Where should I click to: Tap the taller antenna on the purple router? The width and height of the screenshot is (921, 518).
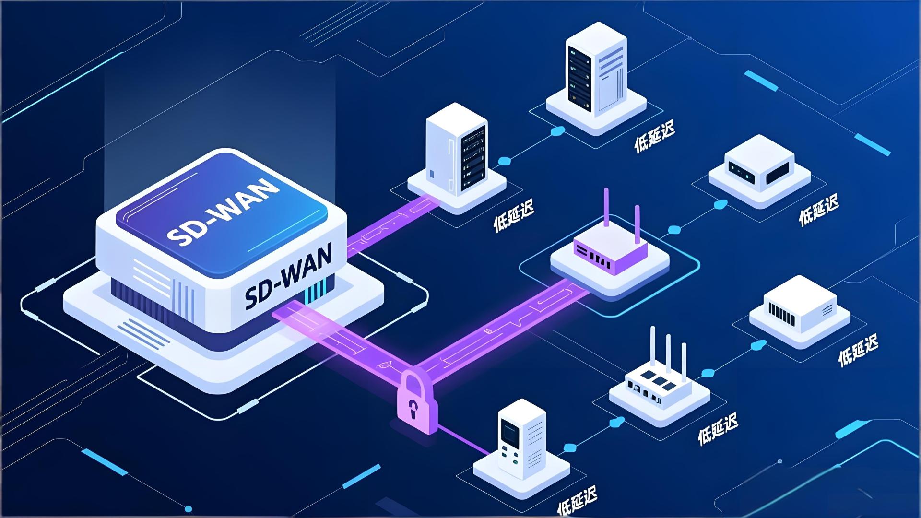click(606, 209)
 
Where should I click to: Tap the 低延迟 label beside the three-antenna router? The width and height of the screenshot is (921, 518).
click(717, 428)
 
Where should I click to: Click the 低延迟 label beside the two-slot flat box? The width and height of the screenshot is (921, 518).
click(818, 210)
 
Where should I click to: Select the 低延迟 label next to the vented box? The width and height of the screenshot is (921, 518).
click(858, 350)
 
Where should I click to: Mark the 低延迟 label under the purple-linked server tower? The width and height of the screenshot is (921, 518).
click(514, 216)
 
